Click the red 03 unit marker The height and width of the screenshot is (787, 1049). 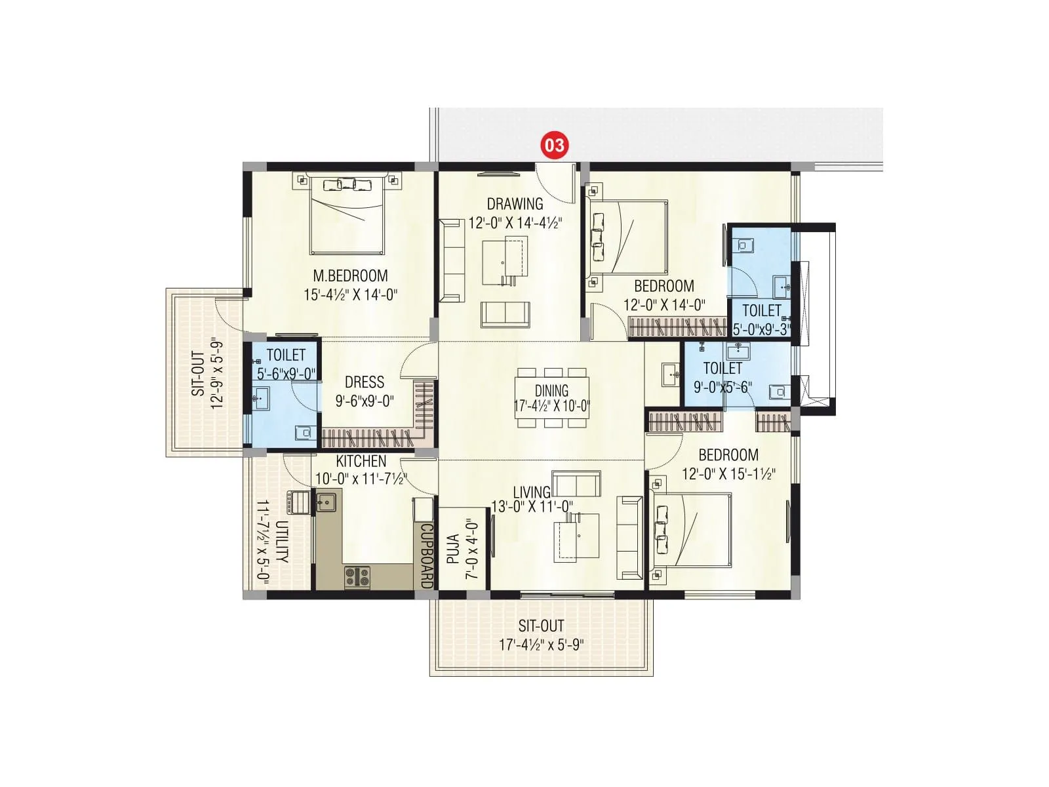click(554, 144)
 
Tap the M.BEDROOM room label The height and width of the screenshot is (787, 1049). click(350, 276)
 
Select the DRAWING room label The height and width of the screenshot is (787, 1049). click(515, 204)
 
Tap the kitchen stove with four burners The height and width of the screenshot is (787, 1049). click(357, 576)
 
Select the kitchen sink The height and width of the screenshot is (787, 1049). click(326, 502)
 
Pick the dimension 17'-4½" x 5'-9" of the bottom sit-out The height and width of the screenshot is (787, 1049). click(542, 645)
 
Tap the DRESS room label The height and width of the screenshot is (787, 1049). click(365, 382)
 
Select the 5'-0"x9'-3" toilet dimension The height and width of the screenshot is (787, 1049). click(761, 329)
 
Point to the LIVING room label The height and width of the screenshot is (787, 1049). click(532, 493)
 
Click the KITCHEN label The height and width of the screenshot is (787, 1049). click(361, 462)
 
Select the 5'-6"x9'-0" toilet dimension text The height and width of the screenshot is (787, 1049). click(286, 374)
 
